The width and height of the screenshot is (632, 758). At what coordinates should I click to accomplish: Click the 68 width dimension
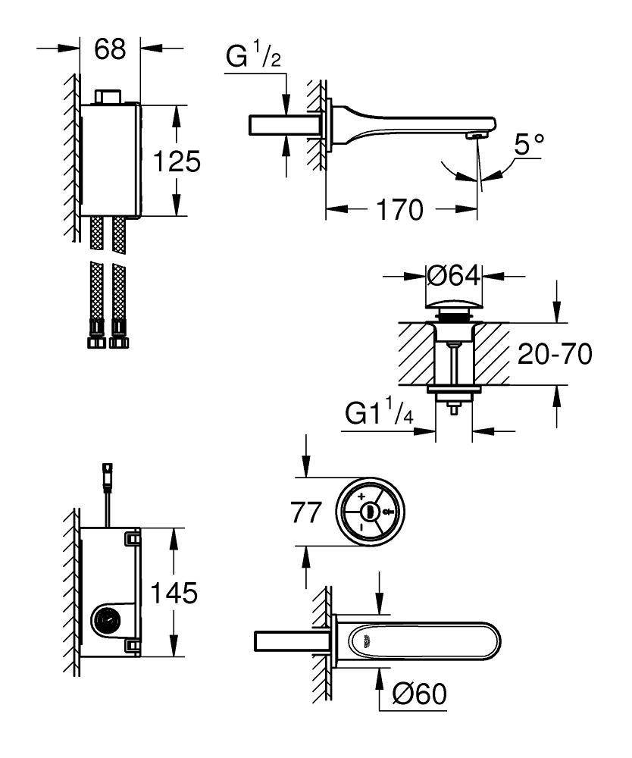110,50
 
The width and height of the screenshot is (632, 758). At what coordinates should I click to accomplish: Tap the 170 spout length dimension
402,210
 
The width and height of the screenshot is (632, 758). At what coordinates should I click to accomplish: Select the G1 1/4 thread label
379,414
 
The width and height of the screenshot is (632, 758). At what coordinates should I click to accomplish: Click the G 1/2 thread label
254,58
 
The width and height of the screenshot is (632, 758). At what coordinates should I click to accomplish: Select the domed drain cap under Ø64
454,308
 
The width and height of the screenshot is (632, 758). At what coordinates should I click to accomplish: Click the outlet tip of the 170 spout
477,136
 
